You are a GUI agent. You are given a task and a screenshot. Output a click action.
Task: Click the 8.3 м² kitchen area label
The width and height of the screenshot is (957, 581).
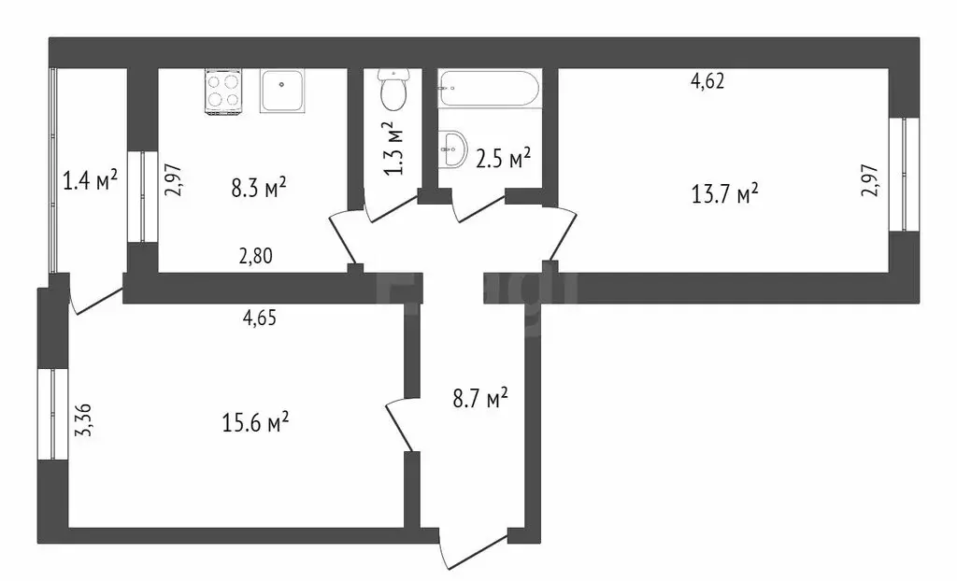pos(258,188)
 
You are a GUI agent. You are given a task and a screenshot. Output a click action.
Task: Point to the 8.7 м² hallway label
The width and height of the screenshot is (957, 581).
pos(480,400)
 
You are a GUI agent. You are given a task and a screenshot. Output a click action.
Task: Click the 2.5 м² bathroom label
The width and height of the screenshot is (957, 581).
pos(503,158)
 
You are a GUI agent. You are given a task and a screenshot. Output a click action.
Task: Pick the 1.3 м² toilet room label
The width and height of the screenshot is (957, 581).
pos(393,148)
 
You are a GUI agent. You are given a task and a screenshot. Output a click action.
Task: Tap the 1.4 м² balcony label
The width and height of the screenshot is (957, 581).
pos(90,179)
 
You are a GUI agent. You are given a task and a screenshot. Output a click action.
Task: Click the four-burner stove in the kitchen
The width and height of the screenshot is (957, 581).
pos(223,92)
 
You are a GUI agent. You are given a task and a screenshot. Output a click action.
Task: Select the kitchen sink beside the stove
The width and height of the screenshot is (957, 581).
pos(282,92)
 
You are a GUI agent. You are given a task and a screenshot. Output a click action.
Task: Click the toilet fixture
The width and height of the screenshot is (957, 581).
pos(393,91)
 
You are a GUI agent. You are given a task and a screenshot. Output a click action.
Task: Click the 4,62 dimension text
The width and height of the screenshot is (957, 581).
pos(707,81)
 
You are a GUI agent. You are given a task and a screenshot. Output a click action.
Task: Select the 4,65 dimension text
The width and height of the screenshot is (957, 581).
pos(259,318)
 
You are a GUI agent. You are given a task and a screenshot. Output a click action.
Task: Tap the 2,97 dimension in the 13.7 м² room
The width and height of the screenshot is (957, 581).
pos(869,178)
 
